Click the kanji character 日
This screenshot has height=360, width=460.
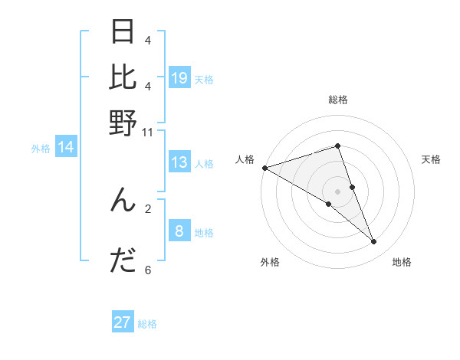(x=123, y=33)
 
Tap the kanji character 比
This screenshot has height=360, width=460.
(x=123, y=77)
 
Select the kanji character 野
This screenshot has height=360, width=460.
(x=123, y=123)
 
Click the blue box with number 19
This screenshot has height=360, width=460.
(x=179, y=77)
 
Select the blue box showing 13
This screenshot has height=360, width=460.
(x=179, y=162)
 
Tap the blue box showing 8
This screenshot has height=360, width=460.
(x=179, y=231)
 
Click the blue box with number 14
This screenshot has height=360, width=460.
(x=66, y=147)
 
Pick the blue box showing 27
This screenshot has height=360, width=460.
(x=123, y=322)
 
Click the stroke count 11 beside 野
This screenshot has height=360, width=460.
(x=148, y=132)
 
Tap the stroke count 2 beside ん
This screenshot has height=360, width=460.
(x=148, y=208)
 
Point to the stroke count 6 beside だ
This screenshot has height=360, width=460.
(x=148, y=270)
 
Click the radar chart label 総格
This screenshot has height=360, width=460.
(x=338, y=100)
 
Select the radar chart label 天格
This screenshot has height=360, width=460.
(x=432, y=159)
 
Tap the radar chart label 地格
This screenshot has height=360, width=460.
(x=402, y=262)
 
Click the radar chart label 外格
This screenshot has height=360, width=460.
(x=270, y=262)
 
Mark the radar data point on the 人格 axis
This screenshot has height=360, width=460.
(x=264, y=168)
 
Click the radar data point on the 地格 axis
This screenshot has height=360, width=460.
(x=374, y=242)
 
